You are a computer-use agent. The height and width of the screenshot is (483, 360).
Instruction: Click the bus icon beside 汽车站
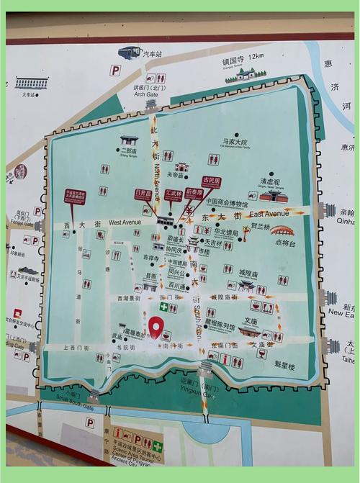(x=129, y=53)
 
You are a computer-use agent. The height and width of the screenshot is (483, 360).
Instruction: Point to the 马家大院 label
(x=235, y=143)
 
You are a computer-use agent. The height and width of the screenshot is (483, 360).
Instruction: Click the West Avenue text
(x=125, y=223)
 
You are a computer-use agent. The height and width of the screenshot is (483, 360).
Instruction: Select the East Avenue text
(x=269, y=214)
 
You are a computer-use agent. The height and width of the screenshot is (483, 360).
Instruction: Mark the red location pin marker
(x=155, y=327)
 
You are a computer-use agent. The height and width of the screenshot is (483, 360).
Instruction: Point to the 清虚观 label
(x=270, y=183)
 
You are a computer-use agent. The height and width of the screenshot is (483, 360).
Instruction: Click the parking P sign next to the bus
(x=114, y=70)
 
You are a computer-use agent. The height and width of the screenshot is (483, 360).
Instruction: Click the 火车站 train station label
(x=29, y=94)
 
